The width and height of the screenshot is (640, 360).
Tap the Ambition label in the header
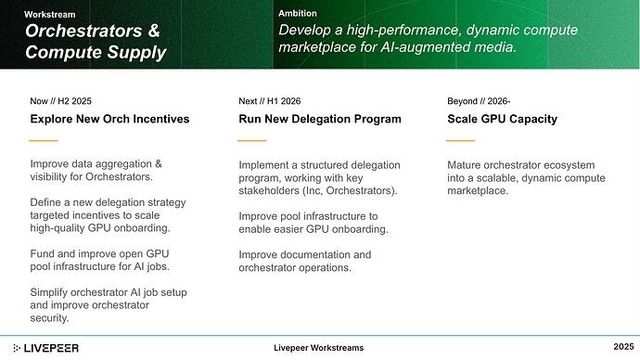[298, 14]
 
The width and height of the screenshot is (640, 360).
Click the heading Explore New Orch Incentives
[109, 119]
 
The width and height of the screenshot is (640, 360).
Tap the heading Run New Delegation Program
[319, 119]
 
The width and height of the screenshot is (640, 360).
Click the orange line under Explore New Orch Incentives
[44, 141]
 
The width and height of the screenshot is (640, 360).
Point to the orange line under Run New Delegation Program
[252, 141]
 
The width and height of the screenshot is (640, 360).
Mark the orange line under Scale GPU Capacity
[461, 141]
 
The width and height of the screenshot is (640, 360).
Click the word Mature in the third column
[467, 165]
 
